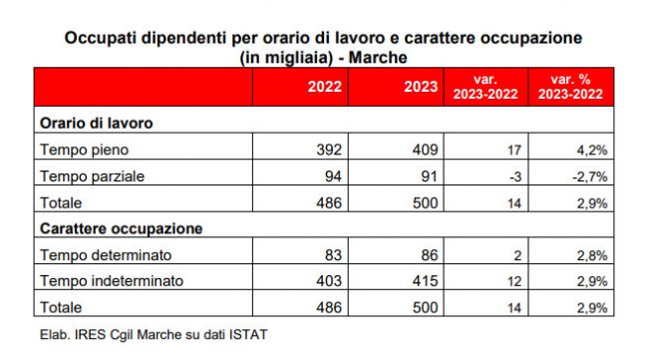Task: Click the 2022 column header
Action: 324,87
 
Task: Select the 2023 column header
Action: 421,87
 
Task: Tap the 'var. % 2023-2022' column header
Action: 570,87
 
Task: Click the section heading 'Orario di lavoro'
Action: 97,124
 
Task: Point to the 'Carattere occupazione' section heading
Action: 121,228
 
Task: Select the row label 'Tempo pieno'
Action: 85,150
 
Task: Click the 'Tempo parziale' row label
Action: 92,177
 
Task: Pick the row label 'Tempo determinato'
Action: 106,255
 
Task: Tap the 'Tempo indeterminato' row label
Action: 112,281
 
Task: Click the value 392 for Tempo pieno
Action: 329,150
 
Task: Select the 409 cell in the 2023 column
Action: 426,150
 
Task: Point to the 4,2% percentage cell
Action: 592,150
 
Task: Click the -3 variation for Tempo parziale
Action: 515,177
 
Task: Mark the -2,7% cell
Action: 590,177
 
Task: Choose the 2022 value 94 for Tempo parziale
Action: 334,177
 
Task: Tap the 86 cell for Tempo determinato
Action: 430,255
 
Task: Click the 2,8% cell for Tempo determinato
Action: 592,255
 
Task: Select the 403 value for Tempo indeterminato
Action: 329,281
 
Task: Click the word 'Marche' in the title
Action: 378,58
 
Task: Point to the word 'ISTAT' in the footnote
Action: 248,334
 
